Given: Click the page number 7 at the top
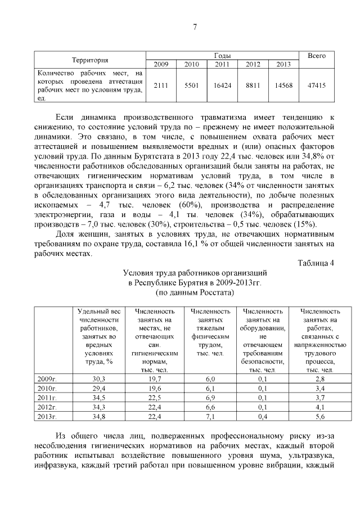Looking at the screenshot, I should tap(194, 26).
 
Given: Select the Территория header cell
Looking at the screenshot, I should tap(90, 60).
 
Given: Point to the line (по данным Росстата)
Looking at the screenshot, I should tap(194, 293).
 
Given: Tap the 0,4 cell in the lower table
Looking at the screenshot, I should tap(263, 417).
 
